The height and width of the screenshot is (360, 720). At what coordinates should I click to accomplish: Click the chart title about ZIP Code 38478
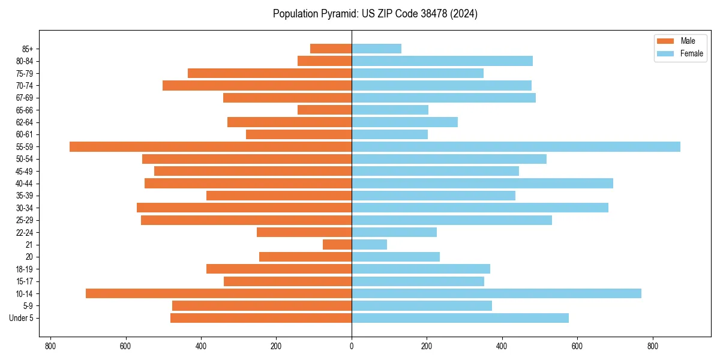(x=375, y=14)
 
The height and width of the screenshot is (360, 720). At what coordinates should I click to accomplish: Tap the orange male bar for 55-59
(x=211, y=147)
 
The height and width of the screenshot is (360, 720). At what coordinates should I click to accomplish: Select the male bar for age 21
(x=337, y=245)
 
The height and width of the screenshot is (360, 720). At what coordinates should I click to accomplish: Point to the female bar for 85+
(x=376, y=49)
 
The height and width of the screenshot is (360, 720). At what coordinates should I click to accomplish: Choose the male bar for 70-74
(x=257, y=86)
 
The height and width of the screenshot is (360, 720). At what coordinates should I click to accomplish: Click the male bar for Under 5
(x=261, y=318)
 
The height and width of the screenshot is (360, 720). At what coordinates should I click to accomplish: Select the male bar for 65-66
(x=325, y=110)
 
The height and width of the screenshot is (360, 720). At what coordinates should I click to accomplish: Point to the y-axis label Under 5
(x=22, y=318)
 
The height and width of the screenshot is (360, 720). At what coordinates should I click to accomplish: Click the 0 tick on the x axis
(x=352, y=346)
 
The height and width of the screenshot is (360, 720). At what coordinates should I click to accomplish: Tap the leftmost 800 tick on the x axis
(x=50, y=346)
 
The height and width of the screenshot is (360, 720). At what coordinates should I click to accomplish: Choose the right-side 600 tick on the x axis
(x=577, y=346)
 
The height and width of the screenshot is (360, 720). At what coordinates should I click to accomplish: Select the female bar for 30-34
(x=480, y=208)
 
